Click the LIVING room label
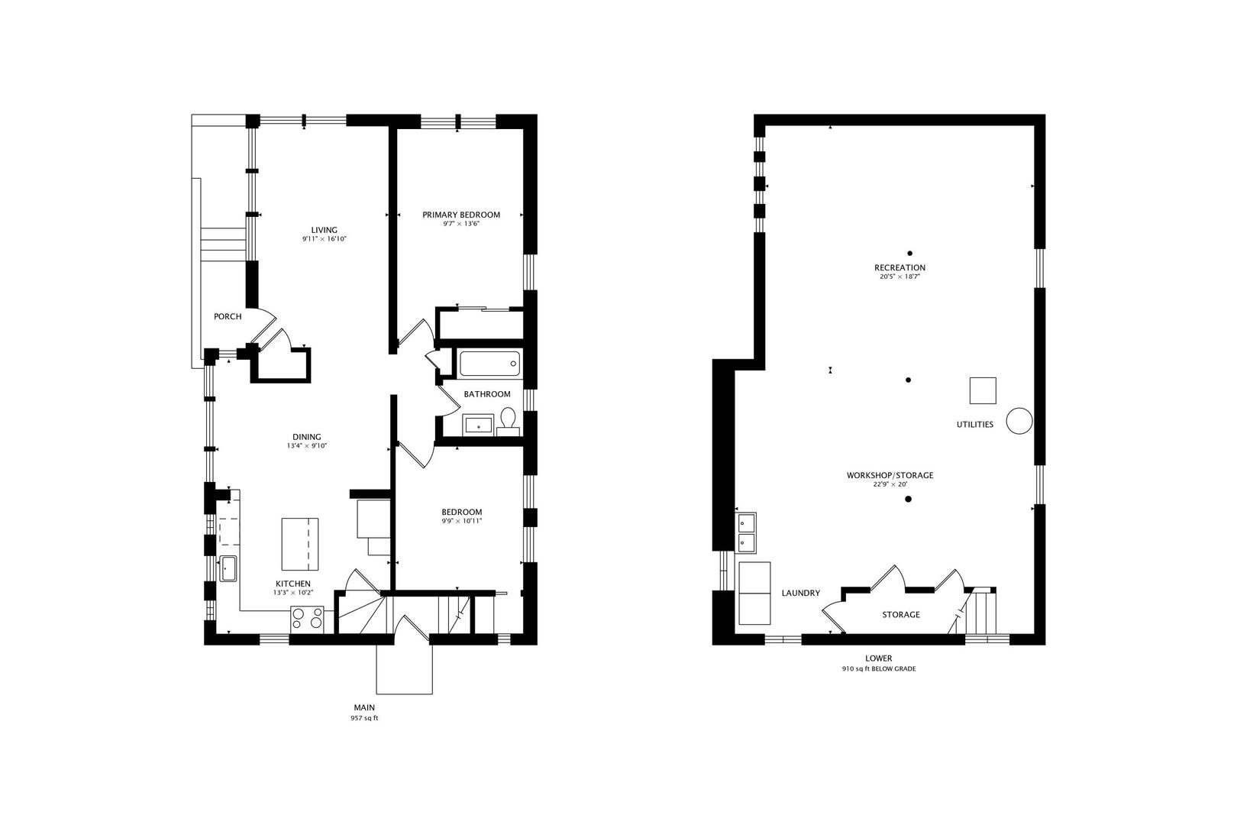[x=324, y=230]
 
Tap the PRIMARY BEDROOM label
[x=461, y=215]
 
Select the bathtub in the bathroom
[x=489, y=363]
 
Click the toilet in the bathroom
[x=509, y=419]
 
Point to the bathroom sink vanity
[x=479, y=425]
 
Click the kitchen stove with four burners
[x=307, y=618]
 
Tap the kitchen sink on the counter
[x=228, y=568]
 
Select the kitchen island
[x=300, y=544]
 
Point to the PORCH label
[x=228, y=316]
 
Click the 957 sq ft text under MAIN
[x=364, y=718]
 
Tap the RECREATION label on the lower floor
[x=899, y=267]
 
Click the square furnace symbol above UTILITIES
[x=983, y=390]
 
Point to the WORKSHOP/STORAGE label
[x=890, y=475]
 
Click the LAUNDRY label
[x=801, y=593]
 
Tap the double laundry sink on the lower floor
[x=745, y=532]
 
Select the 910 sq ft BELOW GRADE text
[x=878, y=669]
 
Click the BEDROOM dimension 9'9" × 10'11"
[x=461, y=521]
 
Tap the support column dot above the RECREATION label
[x=909, y=253]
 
